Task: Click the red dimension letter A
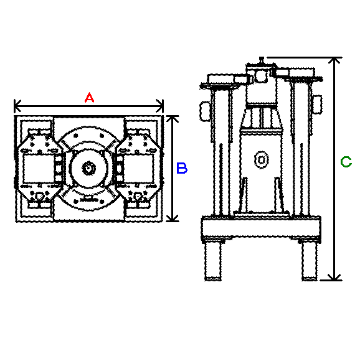(89, 98)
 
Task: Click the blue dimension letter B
(182, 168)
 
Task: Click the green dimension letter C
(346, 162)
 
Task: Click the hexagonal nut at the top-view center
(88, 168)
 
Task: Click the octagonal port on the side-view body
(262, 159)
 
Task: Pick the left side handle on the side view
(205, 111)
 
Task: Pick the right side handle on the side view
(317, 105)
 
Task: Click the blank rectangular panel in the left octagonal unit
(39, 168)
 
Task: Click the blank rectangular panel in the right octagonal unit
(138, 168)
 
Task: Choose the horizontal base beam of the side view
(261, 227)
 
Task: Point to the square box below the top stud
(262, 75)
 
